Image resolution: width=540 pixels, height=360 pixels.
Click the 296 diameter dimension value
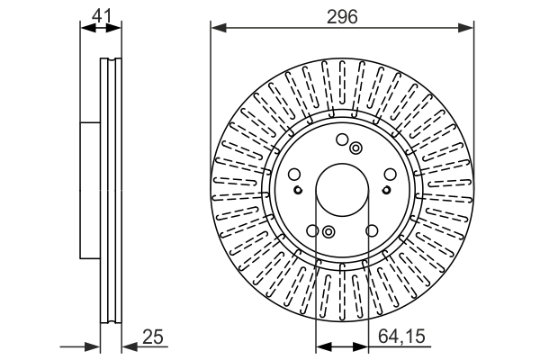point(342,15)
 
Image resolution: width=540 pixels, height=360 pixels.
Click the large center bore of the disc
point(342,188)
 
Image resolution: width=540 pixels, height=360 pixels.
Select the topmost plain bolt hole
point(342,139)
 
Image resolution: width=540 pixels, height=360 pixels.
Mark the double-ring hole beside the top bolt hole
point(355,148)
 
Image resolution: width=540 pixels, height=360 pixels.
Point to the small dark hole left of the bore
point(298,189)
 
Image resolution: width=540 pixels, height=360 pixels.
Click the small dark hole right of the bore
point(386,189)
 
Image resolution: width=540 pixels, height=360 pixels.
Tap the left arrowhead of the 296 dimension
point(217,28)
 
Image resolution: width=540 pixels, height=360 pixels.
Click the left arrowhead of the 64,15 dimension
point(321,346)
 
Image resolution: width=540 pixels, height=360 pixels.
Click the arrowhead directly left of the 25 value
point(126,346)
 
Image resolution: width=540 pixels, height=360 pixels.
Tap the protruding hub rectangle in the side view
point(89,188)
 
